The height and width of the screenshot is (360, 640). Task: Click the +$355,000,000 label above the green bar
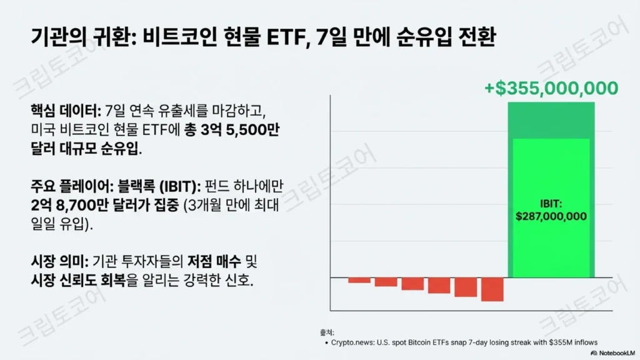click(551, 88)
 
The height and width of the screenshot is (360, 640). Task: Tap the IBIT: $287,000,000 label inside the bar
click(551, 210)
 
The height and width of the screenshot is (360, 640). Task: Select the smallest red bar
click(359, 280)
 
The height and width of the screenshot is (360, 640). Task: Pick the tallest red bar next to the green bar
click(492, 289)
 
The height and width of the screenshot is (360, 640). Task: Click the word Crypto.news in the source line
click(352, 342)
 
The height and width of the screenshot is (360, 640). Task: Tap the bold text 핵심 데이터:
click(66, 111)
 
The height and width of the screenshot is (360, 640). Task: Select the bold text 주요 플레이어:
click(72, 186)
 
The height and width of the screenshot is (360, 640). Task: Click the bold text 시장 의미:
click(59, 262)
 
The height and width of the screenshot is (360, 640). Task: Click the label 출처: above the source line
click(327, 332)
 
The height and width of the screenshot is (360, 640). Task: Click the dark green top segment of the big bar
click(551, 121)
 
